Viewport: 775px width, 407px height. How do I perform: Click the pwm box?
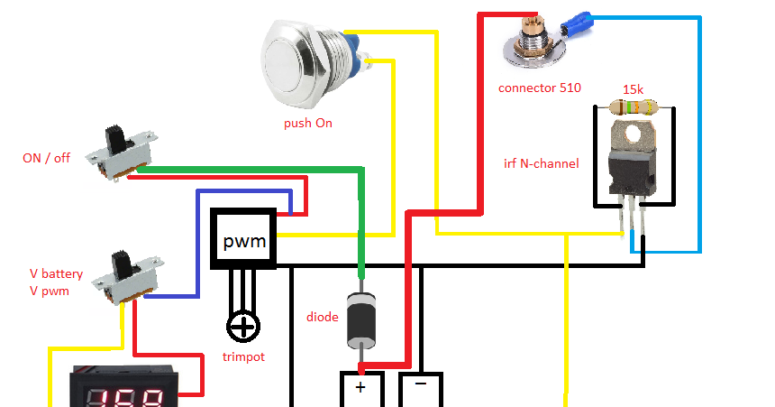click(x=244, y=240)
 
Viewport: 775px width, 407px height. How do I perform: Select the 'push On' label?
click(x=307, y=123)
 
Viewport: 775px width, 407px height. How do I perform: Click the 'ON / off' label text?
click(x=46, y=157)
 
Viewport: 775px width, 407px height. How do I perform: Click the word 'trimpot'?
click(x=243, y=356)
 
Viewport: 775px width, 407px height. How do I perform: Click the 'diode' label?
click(x=323, y=317)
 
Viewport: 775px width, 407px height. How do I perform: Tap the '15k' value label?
click(x=633, y=89)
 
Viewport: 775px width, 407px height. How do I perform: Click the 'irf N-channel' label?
click(x=541, y=163)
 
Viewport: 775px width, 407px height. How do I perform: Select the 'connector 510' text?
click(x=539, y=88)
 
